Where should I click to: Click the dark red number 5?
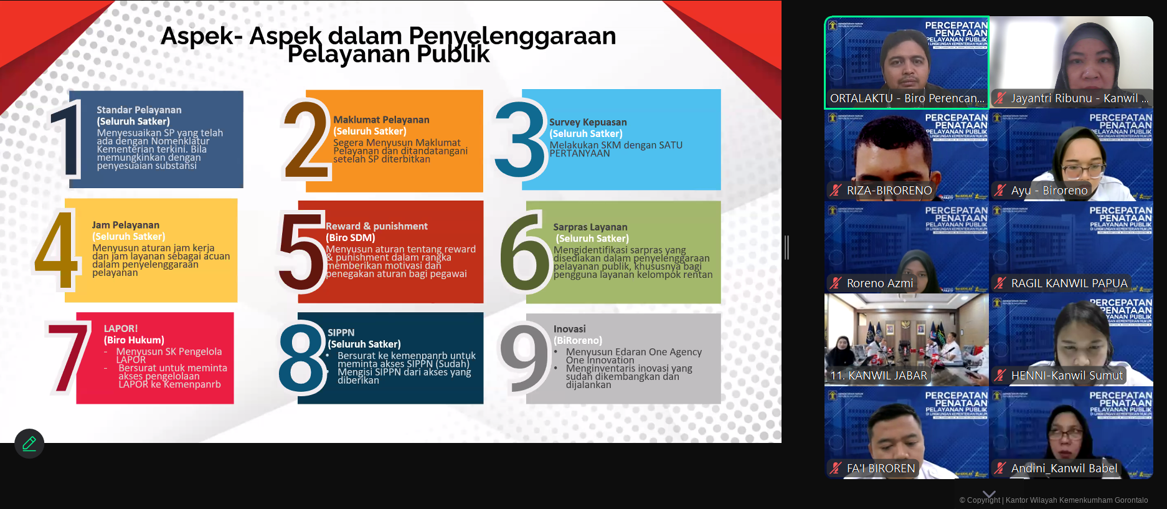click(x=301, y=252)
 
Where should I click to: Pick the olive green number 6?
click(x=524, y=252)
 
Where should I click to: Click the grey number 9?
click(x=524, y=358)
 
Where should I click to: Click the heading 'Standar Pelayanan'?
click(x=139, y=110)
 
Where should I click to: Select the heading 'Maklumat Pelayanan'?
click(x=381, y=120)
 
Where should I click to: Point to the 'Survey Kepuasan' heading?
click(x=588, y=122)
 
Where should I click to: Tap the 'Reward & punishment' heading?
click(x=376, y=226)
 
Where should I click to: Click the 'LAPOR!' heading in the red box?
click(x=121, y=328)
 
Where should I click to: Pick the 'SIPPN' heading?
click(x=341, y=333)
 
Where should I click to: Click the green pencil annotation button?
click(x=29, y=444)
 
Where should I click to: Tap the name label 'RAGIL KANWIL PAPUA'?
click(x=1069, y=283)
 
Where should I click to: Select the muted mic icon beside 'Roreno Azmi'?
click(x=836, y=283)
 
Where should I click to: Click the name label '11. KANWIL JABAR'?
click(x=879, y=376)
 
